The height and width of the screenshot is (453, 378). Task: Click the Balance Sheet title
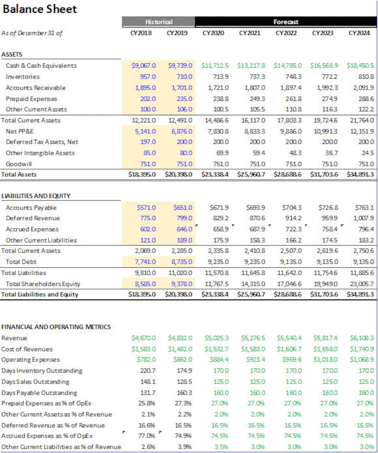click(x=40, y=9)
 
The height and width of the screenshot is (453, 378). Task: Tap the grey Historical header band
click(x=159, y=21)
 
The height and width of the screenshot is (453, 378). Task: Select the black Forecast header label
click(x=286, y=21)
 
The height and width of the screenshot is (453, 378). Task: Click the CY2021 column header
click(x=250, y=33)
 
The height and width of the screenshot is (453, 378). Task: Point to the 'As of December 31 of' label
click(x=32, y=33)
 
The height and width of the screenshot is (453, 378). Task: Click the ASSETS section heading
click(x=12, y=54)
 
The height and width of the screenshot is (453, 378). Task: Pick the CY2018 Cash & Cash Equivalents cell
click(x=143, y=66)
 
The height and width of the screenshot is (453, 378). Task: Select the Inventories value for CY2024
click(x=366, y=77)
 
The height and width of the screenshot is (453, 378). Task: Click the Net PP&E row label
click(x=20, y=131)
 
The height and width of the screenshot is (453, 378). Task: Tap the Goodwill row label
click(x=19, y=164)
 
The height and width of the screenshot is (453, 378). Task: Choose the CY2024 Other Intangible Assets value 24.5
click(x=368, y=153)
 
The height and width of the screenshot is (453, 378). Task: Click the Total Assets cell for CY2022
click(x=288, y=174)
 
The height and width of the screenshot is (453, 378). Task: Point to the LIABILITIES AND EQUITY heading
click(x=36, y=196)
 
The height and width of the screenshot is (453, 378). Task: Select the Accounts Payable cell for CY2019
click(x=183, y=208)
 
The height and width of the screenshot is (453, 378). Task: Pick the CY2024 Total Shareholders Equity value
click(x=362, y=284)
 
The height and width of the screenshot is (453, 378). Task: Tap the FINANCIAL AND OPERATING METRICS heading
click(x=56, y=327)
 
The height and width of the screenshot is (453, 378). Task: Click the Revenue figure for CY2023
click(x=326, y=338)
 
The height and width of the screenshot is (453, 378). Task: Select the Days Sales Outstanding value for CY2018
click(x=148, y=382)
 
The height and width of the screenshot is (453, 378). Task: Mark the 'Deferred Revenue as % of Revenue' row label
click(x=53, y=425)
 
